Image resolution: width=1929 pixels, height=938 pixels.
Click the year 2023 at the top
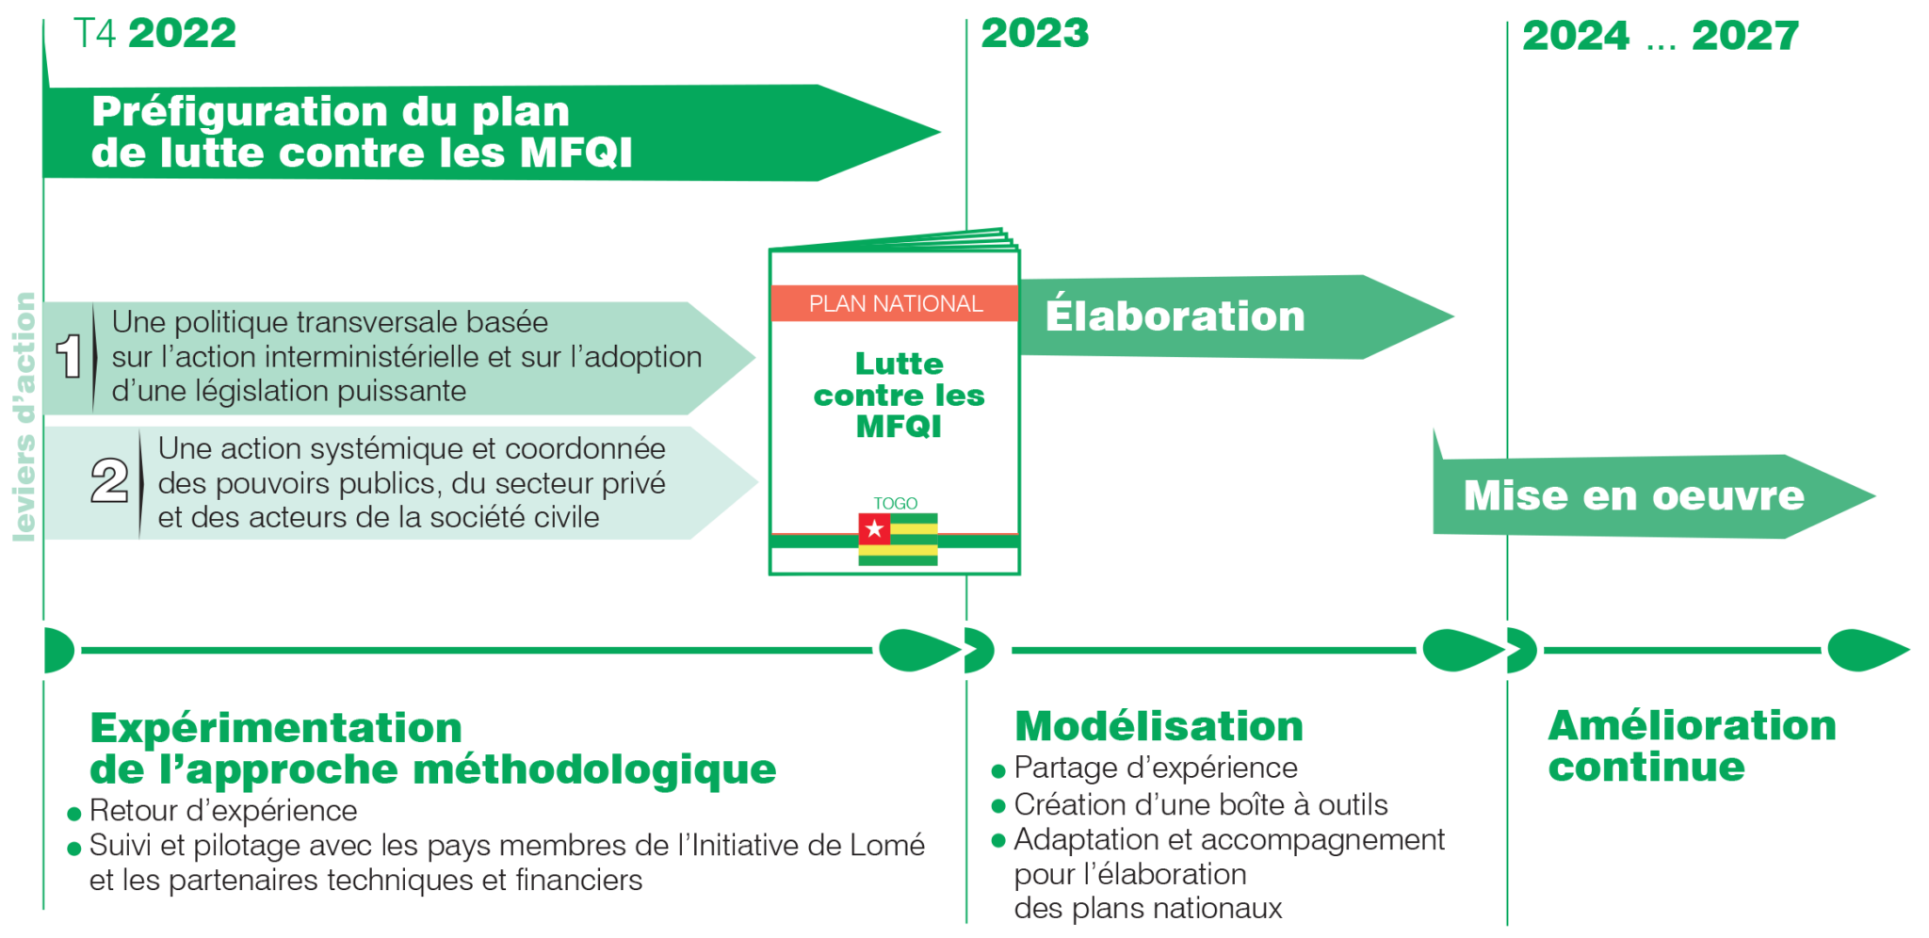(1034, 35)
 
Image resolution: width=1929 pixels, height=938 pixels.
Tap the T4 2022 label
(155, 35)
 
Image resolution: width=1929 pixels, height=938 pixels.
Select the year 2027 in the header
(1744, 37)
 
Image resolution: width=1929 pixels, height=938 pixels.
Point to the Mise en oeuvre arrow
(1633, 496)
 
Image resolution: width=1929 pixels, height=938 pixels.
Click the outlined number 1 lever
(69, 358)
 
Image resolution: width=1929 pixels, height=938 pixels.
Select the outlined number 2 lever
(109, 481)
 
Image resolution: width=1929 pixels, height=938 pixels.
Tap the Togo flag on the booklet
(898, 539)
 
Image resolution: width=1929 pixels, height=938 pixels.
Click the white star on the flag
(875, 529)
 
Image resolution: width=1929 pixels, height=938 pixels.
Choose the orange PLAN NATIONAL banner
(895, 304)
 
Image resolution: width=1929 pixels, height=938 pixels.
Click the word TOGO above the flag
(895, 504)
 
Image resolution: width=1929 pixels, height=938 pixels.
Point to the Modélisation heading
(1159, 727)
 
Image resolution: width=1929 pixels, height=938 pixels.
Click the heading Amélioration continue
(1691, 746)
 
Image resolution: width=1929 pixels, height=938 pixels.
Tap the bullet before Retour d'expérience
(75, 814)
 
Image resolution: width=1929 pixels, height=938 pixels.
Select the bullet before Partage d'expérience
(999, 771)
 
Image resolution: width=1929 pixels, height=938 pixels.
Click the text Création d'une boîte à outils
(1201, 805)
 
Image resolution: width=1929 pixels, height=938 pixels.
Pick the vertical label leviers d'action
(24, 416)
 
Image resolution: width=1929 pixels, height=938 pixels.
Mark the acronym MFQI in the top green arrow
(575, 154)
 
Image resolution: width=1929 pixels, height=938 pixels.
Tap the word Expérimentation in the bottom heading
(276, 729)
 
